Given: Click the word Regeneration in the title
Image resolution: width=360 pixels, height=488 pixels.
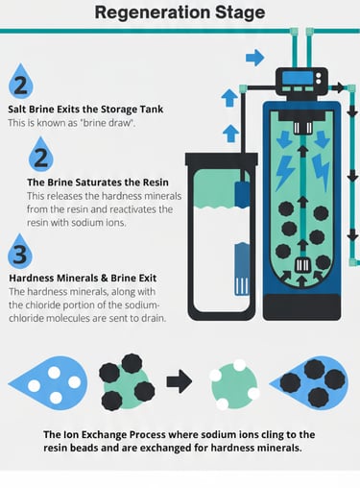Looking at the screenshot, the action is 153,12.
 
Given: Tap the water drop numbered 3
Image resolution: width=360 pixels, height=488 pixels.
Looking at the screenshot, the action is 20,252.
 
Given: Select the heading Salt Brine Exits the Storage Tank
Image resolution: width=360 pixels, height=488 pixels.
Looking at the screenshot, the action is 85,110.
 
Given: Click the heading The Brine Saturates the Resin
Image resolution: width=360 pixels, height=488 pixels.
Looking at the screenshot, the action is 98,183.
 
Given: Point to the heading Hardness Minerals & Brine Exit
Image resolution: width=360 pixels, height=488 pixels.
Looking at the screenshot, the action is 83,278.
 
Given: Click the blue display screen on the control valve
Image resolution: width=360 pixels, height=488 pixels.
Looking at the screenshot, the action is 298,78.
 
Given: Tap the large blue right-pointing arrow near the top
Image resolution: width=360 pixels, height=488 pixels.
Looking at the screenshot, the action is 254,58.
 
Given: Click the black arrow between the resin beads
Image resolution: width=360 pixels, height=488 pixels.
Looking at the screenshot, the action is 180,381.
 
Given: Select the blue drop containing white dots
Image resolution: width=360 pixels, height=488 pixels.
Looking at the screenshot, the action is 48,383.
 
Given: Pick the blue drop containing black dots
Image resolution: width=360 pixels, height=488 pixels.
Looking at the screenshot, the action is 309,383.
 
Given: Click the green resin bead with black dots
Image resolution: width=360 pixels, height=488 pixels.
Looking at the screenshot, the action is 127,382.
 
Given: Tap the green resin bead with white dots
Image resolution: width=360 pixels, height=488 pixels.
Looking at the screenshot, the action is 234,384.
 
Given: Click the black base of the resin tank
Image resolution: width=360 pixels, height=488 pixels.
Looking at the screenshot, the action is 301,306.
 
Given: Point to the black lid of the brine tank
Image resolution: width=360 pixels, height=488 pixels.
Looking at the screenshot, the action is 222,159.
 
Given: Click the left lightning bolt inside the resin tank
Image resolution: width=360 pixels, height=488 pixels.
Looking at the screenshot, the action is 284,172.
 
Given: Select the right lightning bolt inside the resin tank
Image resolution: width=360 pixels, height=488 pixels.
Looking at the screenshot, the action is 321,172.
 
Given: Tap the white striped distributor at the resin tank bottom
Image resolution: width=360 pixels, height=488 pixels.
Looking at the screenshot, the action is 302,264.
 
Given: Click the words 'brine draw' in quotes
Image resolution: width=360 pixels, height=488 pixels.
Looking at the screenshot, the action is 107,123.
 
